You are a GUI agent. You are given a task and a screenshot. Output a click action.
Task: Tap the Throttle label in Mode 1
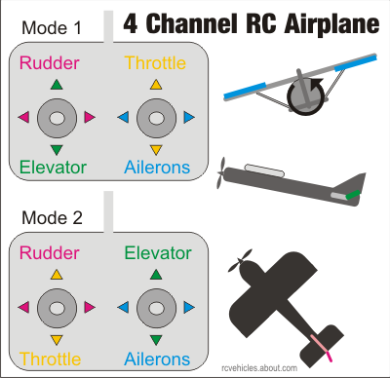(155, 64)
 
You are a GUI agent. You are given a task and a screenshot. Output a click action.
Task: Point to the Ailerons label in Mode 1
(156, 168)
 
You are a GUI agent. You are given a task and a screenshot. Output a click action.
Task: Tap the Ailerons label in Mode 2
(156, 359)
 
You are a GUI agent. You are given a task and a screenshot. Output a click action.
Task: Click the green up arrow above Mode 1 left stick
(57, 86)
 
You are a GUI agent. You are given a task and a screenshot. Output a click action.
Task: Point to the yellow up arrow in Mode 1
(155, 86)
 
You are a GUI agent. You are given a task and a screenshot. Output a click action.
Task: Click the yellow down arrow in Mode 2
(57, 338)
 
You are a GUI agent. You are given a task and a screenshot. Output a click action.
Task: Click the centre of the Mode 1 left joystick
(57, 118)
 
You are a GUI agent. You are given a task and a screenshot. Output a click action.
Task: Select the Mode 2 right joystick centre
(155, 307)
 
